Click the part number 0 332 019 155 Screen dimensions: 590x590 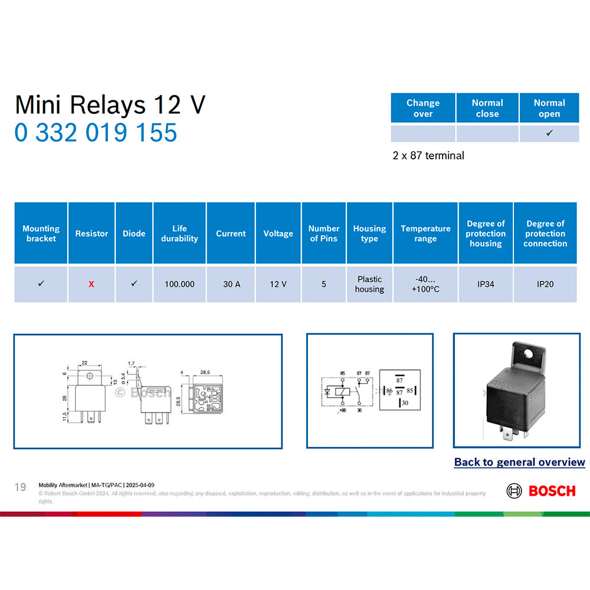(x=96, y=132)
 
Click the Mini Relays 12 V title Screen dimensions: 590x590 (x=110, y=105)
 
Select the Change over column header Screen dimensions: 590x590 (x=422, y=108)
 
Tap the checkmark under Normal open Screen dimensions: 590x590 (x=549, y=133)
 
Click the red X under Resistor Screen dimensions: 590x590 (x=91, y=284)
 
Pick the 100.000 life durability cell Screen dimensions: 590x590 (x=179, y=284)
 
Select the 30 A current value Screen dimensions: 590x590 (x=231, y=284)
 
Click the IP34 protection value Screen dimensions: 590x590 (x=486, y=284)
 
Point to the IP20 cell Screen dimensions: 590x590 (x=545, y=284)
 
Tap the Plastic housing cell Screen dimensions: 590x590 (x=369, y=284)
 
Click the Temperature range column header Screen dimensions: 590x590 (x=425, y=233)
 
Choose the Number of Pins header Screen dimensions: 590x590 (x=324, y=233)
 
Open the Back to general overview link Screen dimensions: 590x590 (x=519, y=462)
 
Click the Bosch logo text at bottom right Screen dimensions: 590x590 (x=552, y=491)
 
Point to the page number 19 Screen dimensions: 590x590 (x=21, y=487)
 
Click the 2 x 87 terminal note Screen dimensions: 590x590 (x=428, y=156)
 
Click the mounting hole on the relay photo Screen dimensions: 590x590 (x=537, y=355)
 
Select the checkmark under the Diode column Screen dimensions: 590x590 (x=134, y=284)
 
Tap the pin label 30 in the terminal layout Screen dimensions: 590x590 (x=404, y=403)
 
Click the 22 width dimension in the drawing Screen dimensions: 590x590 (x=84, y=362)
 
